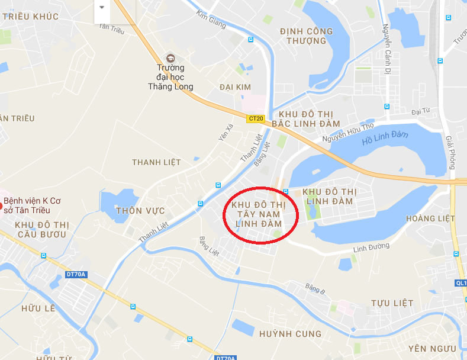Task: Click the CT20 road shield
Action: pos(256,118)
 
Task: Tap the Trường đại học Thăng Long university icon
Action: pos(170,57)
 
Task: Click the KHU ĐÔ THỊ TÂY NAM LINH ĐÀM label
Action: pos(259,214)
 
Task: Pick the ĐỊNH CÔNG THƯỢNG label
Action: pos(306,36)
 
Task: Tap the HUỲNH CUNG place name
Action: pos(290,334)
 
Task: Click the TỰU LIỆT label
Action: pos(392,303)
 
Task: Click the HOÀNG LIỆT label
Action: pos(430,218)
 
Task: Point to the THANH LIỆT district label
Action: pos(156,162)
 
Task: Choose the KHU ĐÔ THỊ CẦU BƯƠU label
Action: pos(41,230)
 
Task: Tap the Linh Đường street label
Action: pos(371,246)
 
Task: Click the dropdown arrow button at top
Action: pos(102,7)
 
